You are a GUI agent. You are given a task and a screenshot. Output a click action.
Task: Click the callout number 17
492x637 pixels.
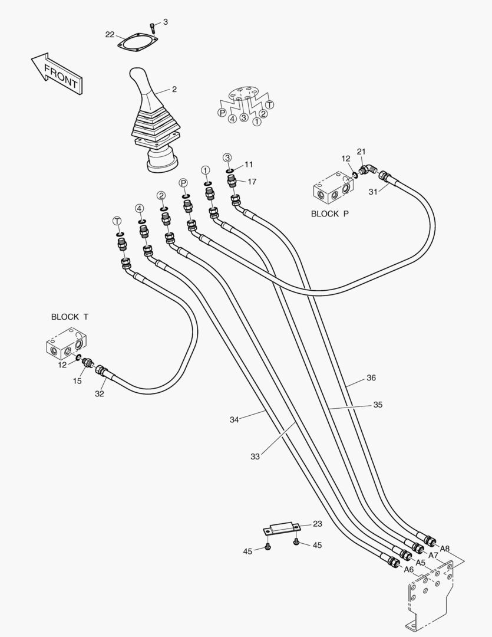(x=252, y=182)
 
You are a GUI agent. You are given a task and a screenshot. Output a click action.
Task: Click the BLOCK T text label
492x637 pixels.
(x=70, y=317)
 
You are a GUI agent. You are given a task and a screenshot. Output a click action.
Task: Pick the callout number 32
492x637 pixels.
(x=100, y=394)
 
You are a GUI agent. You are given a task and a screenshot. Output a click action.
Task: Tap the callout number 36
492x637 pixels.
(x=371, y=377)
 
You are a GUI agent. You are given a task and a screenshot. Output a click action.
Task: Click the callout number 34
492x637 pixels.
(x=235, y=419)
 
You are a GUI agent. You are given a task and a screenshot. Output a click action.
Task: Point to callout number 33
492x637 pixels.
(x=255, y=456)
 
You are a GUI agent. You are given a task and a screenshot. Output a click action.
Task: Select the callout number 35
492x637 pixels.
(x=378, y=405)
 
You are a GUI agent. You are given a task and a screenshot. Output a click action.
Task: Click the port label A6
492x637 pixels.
(x=408, y=569)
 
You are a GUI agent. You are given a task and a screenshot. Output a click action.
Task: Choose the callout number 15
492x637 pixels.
(x=77, y=382)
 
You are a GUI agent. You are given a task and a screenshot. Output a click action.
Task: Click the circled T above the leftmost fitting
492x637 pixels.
(x=117, y=221)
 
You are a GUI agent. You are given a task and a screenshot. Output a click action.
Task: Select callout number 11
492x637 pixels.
(x=249, y=164)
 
